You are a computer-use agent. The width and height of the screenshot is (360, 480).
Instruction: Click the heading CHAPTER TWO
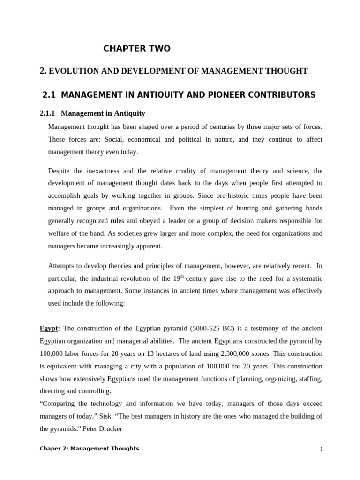click(137, 49)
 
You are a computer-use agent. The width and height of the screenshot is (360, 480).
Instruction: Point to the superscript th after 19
click(183, 276)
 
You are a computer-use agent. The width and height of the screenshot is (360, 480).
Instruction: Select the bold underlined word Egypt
click(49, 328)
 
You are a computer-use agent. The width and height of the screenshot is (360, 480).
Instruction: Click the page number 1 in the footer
click(322, 449)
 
